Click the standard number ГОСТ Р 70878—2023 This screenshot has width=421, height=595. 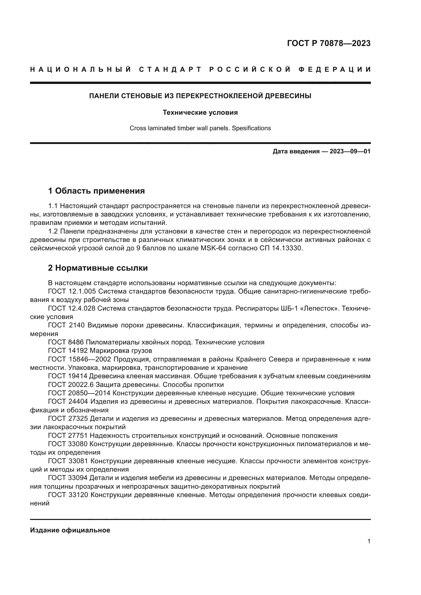tap(328, 43)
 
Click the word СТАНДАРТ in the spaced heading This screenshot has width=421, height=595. tap(170, 69)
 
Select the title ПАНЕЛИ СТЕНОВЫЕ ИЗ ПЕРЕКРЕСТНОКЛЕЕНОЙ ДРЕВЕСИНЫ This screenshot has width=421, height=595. tap(200, 96)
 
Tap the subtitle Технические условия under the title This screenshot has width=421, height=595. tap(200, 112)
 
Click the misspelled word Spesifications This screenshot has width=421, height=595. tap(251, 128)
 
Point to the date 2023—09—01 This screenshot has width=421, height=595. tap(350, 151)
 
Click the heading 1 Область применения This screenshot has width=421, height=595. tap(96, 191)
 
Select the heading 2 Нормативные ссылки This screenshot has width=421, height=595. tap(98, 268)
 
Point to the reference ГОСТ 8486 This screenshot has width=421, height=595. tap(66, 342)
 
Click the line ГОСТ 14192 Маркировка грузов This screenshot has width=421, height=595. tap(100, 351)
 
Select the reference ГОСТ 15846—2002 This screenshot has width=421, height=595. tap(79, 359)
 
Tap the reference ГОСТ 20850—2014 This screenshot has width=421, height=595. tap(79, 393)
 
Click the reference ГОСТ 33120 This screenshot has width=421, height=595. tap(68, 495)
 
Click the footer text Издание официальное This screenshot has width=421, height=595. tap(70, 530)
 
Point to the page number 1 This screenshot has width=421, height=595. tap(369, 541)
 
